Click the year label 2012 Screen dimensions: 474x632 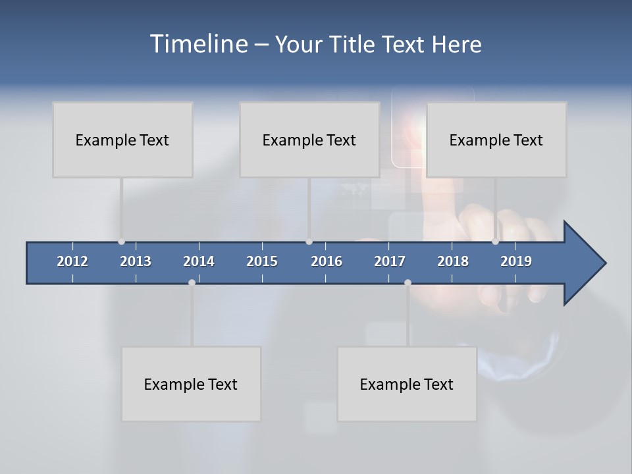(72, 261)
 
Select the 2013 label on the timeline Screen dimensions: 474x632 (136, 261)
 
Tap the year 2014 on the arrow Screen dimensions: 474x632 (199, 261)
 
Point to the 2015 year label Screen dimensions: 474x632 (262, 261)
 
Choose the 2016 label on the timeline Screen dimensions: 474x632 (327, 261)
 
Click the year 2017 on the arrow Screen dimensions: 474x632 (390, 261)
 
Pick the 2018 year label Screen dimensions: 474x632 (453, 261)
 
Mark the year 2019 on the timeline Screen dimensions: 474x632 (516, 261)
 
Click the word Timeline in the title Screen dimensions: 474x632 (198, 44)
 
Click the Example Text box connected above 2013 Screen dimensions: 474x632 (122, 140)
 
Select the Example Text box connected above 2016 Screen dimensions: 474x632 (309, 140)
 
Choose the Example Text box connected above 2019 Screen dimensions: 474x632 (496, 140)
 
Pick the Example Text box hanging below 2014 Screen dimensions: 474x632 (191, 384)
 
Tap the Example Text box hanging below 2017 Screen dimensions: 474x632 (407, 384)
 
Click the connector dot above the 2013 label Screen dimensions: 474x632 (121, 242)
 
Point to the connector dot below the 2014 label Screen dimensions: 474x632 (192, 282)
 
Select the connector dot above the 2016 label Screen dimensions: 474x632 (309, 242)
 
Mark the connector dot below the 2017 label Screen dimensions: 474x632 (408, 282)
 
